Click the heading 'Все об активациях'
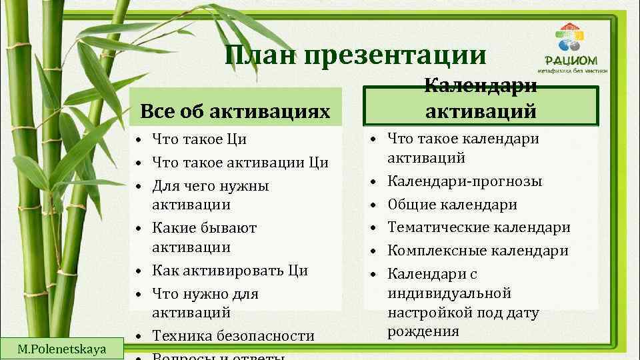coord(235,111)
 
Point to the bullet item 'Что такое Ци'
coord(199,139)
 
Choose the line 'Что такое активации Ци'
coord(240,162)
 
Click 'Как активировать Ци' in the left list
coord(230,271)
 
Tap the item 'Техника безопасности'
coord(233,335)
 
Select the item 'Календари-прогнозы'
coord(465,181)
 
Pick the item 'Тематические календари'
coord(479,227)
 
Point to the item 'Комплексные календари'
coord(478,251)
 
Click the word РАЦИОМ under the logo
coord(570,58)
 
